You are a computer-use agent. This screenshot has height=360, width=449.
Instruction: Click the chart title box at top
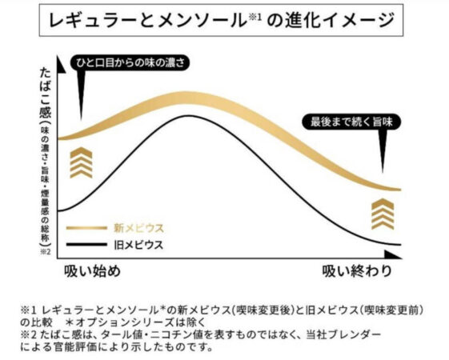[x=225, y=22]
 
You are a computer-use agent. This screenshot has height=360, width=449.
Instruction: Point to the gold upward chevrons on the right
[x=382, y=214]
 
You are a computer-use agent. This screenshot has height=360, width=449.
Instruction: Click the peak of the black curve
[x=210, y=117]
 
